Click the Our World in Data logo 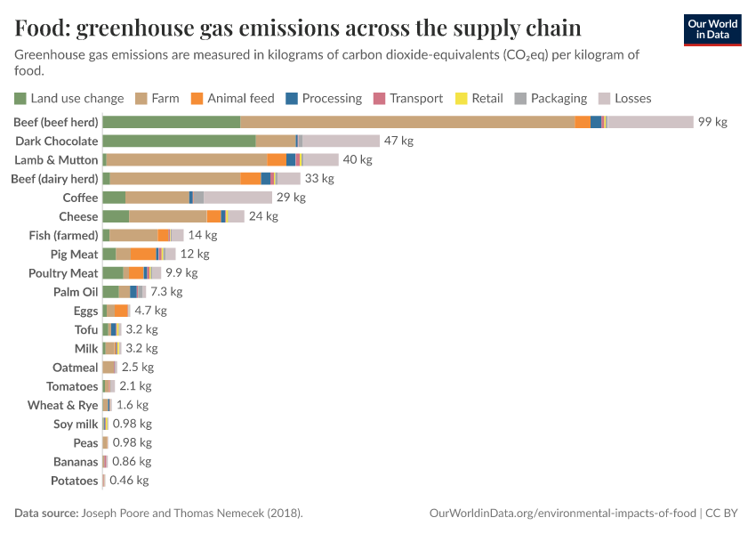tap(712, 29)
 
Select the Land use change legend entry tap(69, 99)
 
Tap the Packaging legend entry tap(551, 99)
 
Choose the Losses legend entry tap(627, 99)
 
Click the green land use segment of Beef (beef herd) tap(172, 122)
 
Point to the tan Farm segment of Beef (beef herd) tap(407, 122)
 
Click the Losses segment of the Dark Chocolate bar tap(341, 141)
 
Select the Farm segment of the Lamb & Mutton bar tap(187, 159)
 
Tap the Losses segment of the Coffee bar tap(237, 198)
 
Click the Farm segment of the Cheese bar tap(168, 216)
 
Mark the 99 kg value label tap(712, 122)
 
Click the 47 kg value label tap(398, 141)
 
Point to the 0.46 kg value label tap(129, 481)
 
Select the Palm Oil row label tap(76, 292)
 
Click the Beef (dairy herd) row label tap(54, 179)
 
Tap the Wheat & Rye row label tap(62, 405)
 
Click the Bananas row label tap(76, 462)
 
